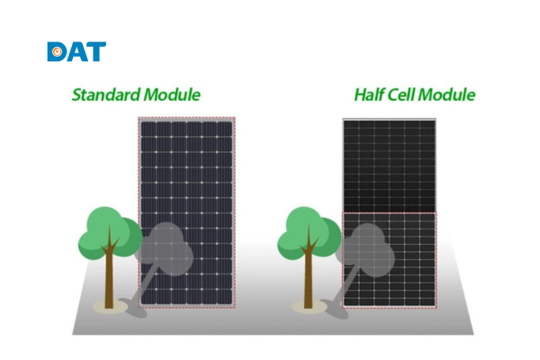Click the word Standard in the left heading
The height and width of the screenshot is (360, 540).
(x=105, y=94)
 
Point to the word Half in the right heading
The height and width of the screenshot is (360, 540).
(x=372, y=94)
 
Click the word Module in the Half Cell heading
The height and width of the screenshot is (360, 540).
(x=452, y=94)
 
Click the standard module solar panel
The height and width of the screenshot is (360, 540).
(x=186, y=180)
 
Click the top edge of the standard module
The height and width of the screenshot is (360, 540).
(x=186, y=119)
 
